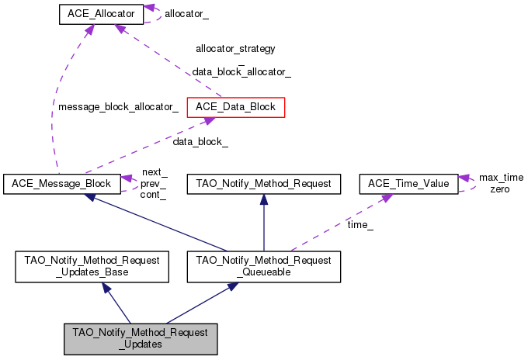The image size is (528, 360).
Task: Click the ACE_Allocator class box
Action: (x=101, y=14)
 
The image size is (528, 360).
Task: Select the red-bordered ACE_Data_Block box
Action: (x=236, y=107)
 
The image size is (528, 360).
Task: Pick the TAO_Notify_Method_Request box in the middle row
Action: (x=263, y=184)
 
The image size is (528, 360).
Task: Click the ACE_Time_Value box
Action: (x=407, y=184)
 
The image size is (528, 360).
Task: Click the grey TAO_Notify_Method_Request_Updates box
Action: (x=141, y=338)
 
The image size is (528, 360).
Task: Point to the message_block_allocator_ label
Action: (x=118, y=108)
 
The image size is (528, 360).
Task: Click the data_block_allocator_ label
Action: (x=241, y=72)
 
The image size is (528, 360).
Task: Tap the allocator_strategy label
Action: (x=235, y=48)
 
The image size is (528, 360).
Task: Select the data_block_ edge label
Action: (x=200, y=142)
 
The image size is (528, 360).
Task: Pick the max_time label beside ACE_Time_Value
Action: (x=501, y=178)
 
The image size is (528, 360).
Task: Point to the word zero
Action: (x=500, y=189)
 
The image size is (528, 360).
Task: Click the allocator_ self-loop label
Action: (x=186, y=14)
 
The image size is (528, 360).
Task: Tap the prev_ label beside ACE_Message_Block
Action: (x=154, y=184)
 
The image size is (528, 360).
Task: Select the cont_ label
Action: (x=154, y=195)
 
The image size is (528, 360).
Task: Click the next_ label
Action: (x=154, y=172)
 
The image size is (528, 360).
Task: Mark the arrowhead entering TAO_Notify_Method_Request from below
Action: (x=263, y=198)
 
